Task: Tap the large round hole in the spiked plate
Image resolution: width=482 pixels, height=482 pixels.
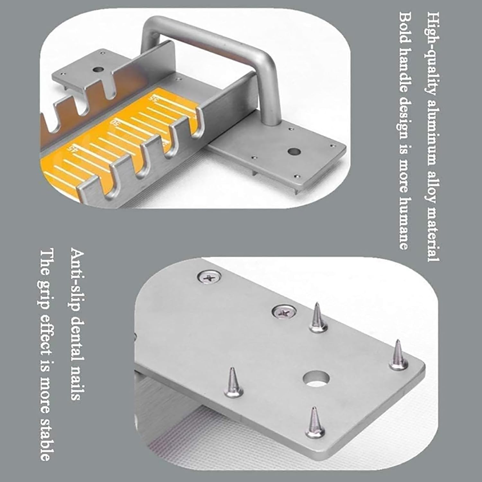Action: [317, 378]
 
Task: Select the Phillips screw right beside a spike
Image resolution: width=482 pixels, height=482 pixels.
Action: [284, 311]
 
